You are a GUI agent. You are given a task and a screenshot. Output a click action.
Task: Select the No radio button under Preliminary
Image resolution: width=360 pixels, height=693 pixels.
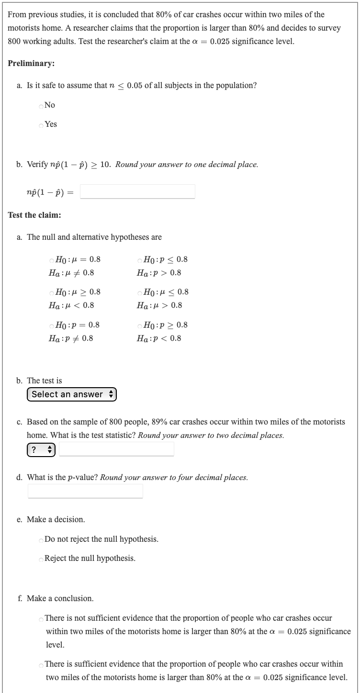(41, 105)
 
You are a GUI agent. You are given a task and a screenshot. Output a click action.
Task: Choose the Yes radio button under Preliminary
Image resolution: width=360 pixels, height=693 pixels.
(41, 124)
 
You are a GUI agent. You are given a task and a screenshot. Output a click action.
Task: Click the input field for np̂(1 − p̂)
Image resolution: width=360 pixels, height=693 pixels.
(137, 191)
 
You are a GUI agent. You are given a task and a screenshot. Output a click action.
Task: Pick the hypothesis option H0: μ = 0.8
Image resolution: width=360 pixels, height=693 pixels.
(52, 260)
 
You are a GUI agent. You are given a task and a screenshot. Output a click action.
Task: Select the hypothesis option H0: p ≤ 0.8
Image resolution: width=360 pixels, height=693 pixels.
(139, 260)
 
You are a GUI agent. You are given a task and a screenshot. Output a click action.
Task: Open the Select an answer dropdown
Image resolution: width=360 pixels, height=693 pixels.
(72, 394)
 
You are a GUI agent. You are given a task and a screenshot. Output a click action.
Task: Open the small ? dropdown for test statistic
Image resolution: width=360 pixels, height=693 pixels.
(41, 449)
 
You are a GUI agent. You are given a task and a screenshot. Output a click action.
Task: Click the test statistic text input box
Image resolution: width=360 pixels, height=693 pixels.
(116, 449)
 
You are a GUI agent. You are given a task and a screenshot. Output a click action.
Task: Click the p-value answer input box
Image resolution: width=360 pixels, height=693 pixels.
(85, 491)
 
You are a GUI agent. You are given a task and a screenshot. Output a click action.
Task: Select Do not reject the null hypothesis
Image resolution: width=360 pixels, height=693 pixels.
(41, 540)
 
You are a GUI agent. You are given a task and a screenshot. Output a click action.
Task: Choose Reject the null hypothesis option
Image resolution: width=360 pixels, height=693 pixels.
(41, 559)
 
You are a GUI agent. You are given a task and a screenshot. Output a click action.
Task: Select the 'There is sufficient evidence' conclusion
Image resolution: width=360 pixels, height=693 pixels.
(41, 665)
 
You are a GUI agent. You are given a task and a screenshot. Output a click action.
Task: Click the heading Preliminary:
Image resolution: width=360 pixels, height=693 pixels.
(31, 63)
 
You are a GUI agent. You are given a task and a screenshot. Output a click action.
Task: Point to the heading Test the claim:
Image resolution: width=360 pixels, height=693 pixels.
(34, 215)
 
